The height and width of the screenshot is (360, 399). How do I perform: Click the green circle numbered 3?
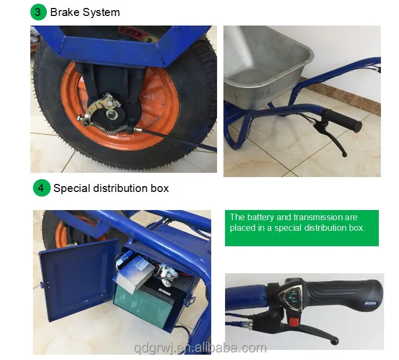tap(38, 12)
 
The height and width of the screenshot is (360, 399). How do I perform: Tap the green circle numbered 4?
tap(41, 188)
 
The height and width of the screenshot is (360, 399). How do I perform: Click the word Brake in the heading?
tap(64, 12)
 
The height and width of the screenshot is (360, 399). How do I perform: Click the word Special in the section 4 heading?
tap(71, 188)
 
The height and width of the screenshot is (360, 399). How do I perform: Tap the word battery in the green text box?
tap(263, 217)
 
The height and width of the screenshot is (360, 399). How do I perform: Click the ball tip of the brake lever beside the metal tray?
tap(344, 155)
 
